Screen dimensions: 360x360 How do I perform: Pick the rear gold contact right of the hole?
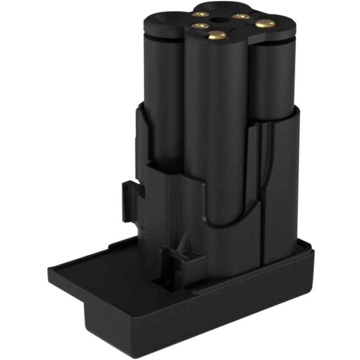click(x=241, y=17)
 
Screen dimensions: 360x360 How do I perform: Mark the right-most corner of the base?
click(x=313, y=252)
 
